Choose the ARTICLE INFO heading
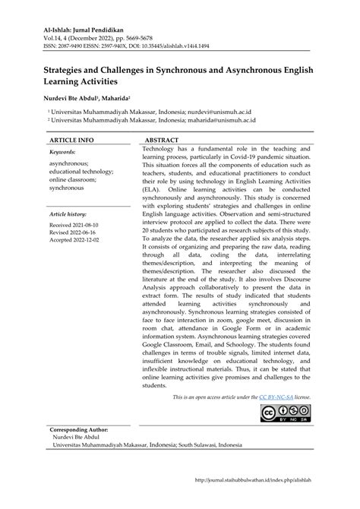71,141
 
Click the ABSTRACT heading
162,141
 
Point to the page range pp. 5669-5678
137,36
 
